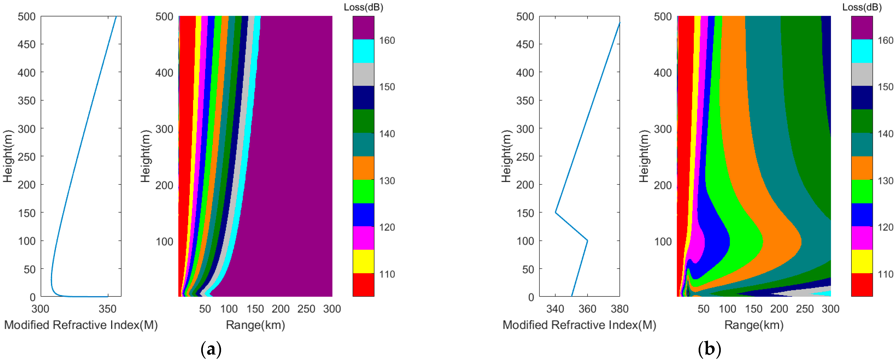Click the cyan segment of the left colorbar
[363, 51]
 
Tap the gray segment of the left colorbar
[363, 74]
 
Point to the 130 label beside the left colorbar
[387, 181]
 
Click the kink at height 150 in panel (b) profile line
[556, 212]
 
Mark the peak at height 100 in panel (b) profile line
[587, 240]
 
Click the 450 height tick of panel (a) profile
[27, 45]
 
